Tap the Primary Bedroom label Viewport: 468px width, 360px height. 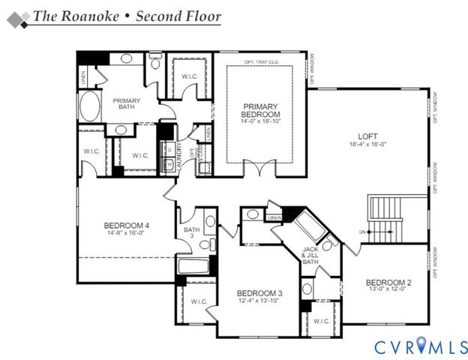click(259, 110)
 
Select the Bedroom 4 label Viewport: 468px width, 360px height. click(126, 225)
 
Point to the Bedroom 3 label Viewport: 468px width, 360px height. click(259, 292)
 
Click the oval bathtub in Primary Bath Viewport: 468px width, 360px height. click(89, 107)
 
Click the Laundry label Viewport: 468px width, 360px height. click(180, 149)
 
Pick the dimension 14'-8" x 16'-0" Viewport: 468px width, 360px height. click(126, 233)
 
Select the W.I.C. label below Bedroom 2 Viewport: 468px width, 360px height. click(322, 321)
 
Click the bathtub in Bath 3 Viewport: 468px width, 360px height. click(194, 265)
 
